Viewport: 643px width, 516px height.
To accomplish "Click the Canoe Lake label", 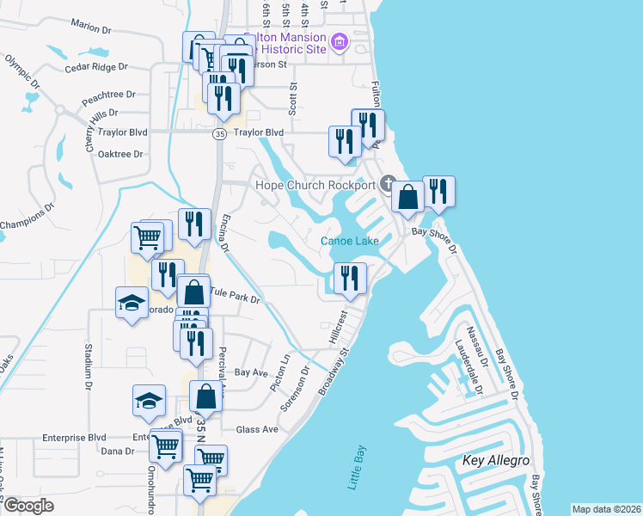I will point(350,241).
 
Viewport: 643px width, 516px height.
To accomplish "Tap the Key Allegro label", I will point(498,462).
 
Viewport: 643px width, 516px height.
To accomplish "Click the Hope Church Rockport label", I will point(315,185).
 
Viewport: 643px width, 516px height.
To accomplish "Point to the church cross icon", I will point(389,184).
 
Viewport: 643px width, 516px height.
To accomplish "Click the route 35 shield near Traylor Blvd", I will point(220,133).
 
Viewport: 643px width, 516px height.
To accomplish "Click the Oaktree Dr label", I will point(120,154).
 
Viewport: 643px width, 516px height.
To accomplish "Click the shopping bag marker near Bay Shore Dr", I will point(407,197).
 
